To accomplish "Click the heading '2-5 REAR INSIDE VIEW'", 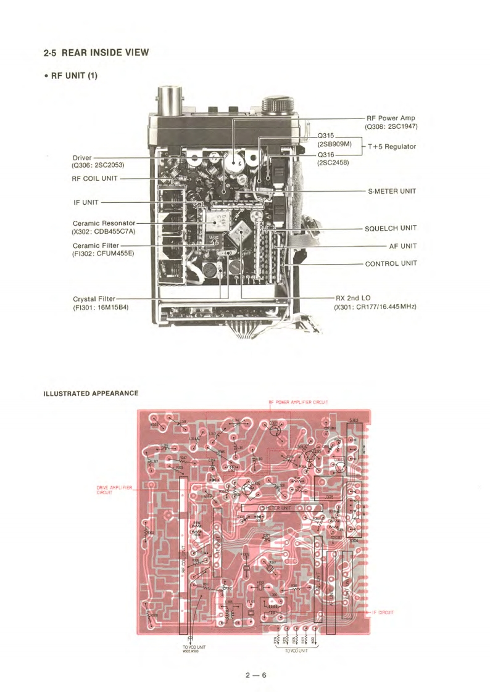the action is (x=96, y=52).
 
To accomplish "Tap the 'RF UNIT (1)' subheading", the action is (x=71, y=76).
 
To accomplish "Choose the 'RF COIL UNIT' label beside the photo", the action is (x=94, y=178).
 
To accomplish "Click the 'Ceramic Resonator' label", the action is (x=103, y=223).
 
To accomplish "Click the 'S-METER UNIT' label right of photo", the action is (x=392, y=191).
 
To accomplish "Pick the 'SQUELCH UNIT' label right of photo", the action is (x=390, y=228).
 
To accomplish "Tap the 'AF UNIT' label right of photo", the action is (x=402, y=245).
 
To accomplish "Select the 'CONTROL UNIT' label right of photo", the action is (x=391, y=263).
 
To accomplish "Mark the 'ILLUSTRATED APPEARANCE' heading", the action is (x=91, y=393).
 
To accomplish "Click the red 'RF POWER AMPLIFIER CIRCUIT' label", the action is (x=297, y=402).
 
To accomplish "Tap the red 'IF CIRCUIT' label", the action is (x=383, y=612).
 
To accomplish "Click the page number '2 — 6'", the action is (x=255, y=675).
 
